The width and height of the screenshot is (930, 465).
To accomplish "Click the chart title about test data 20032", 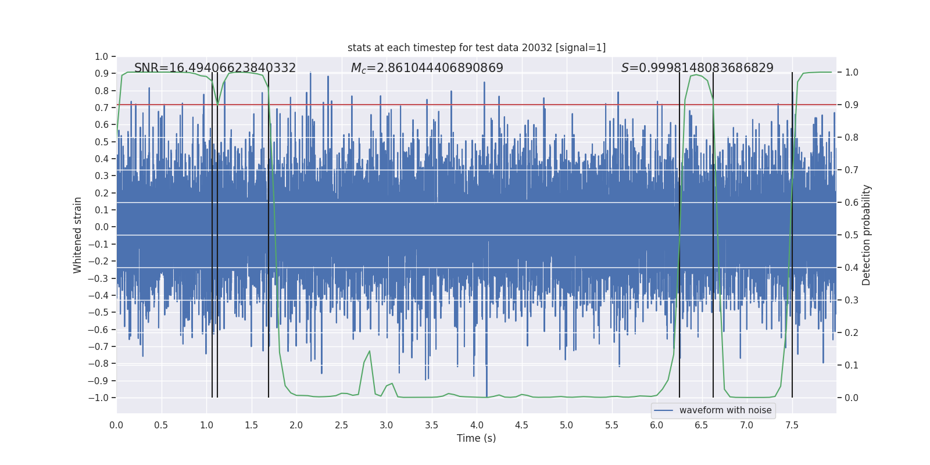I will point(477,48).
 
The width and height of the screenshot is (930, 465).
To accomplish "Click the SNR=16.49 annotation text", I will point(215,68).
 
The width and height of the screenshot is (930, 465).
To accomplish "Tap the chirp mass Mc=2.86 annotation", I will point(427,68).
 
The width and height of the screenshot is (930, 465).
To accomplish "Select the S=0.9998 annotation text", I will point(697,68).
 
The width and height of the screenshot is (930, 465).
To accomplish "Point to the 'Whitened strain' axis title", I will point(78,235).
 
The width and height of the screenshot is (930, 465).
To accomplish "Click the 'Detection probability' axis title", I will point(867,235).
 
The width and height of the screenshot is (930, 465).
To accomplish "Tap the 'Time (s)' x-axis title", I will point(477,438).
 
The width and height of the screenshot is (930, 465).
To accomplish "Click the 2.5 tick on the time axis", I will point(341,425).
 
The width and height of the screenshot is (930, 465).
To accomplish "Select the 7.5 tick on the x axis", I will point(792,425).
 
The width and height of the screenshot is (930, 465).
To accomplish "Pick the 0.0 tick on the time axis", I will point(116,425).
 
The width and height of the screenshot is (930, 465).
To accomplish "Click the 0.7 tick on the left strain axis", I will point(102,108).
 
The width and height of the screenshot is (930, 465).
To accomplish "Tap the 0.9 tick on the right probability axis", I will point(852,105).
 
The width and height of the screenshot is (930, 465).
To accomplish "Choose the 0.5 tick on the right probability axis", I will point(852,235).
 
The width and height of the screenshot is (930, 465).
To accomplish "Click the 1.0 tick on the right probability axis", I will point(852,73).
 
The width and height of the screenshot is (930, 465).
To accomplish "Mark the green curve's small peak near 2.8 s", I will point(369,352).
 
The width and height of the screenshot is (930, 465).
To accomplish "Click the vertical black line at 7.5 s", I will point(792,233).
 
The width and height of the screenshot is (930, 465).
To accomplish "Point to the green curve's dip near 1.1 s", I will point(218,104).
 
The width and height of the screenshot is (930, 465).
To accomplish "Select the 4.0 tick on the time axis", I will point(477,425).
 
